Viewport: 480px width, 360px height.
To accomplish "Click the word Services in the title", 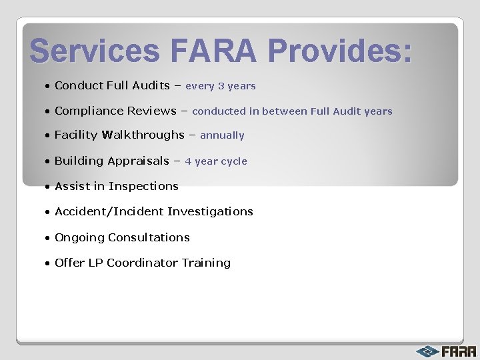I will point(95,51).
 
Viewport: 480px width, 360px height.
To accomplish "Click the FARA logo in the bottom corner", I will point(447,351).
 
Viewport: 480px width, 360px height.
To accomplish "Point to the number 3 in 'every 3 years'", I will point(221,86).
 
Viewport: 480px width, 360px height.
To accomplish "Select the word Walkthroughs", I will point(144,135).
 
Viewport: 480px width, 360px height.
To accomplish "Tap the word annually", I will point(222,135).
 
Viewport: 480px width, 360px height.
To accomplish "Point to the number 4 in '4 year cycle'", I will point(188,161).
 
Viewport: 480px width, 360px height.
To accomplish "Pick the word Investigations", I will point(210,211).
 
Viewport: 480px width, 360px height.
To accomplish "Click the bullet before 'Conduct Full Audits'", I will point(48,86).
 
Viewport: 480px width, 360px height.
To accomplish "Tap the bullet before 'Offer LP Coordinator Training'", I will point(48,263).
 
